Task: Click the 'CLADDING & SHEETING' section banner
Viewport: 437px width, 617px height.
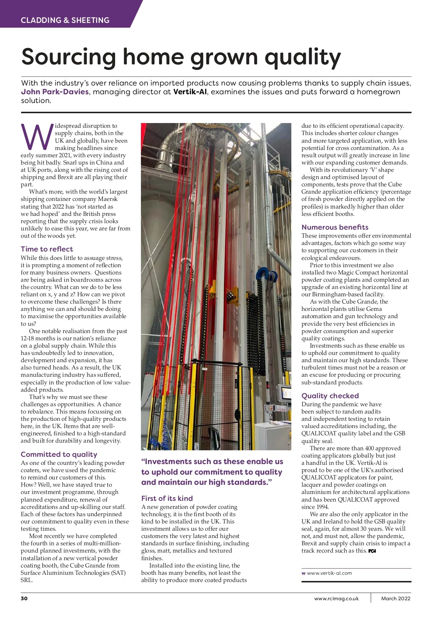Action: click(x=65, y=20)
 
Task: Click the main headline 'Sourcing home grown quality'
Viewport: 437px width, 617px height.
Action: click(x=181, y=57)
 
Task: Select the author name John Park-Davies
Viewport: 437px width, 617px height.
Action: click(x=55, y=92)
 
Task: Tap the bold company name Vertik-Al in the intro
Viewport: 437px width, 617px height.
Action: click(x=190, y=92)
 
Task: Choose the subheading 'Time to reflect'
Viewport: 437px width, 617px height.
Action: click(x=47, y=249)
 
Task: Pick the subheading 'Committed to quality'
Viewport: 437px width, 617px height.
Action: click(x=59, y=454)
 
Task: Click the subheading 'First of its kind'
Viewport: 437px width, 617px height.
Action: click(x=167, y=498)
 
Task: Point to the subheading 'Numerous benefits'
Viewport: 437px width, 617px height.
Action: click(x=335, y=227)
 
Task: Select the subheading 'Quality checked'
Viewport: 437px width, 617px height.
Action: click(x=330, y=396)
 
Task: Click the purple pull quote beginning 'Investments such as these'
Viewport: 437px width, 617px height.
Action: click(x=212, y=472)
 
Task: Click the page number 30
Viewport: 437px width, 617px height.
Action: click(x=24, y=598)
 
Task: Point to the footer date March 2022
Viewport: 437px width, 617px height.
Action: click(x=395, y=598)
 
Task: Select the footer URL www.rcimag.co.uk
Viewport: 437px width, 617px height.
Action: click(x=336, y=598)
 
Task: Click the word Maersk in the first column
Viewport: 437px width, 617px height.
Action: click(x=107, y=199)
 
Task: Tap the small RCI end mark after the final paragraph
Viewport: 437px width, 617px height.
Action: click(x=372, y=551)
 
